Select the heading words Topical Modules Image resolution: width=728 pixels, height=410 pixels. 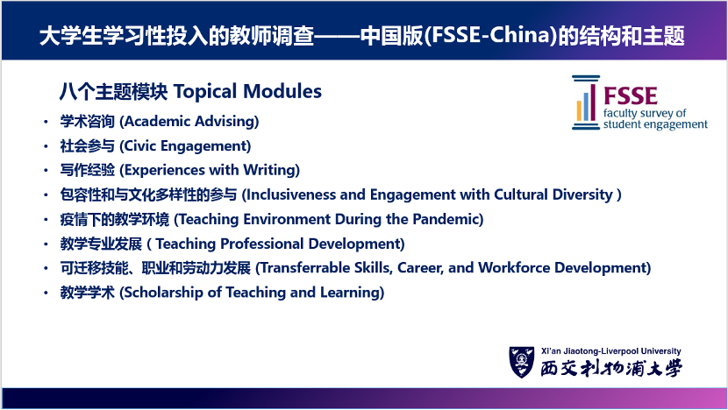(x=247, y=91)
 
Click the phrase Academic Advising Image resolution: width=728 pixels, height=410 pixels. (x=189, y=122)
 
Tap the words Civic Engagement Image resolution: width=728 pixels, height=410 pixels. (x=185, y=146)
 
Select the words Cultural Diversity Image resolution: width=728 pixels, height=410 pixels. (x=553, y=194)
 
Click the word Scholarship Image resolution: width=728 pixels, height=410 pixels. (x=163, y=293)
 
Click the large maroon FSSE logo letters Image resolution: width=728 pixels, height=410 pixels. (x=630, y=96)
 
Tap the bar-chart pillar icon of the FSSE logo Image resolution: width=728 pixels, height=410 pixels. (x=586, y=102)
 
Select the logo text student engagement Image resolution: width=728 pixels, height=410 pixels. (x=655, y=124)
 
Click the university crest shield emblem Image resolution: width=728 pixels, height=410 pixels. (x=522, y=362)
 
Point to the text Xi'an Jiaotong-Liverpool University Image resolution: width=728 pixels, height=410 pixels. (x=611, y=351)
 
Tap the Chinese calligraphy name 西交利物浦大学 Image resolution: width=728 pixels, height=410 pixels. (x=611, y=368)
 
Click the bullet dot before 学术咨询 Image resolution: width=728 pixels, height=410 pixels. (x=46, y=122)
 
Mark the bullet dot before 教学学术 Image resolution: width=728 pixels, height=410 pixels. (x=46, y=293)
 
